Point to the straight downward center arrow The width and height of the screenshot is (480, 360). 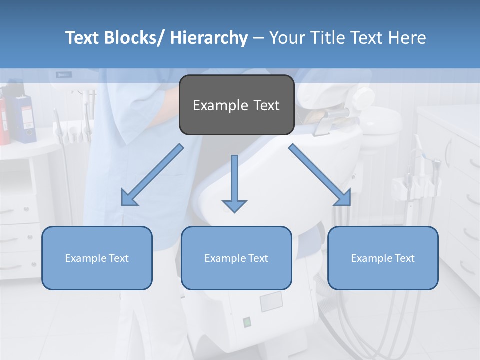(234, 182)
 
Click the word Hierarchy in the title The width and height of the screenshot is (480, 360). (209, 38)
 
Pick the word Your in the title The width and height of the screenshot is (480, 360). (286, 38)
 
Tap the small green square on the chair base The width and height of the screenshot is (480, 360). (247, 322)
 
